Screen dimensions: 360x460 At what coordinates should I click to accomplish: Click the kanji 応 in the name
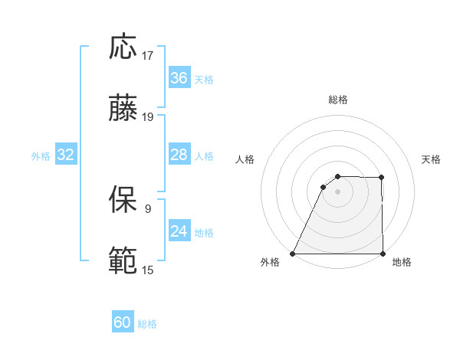[124, 47]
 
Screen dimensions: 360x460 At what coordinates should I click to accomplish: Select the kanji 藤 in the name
[124, 109]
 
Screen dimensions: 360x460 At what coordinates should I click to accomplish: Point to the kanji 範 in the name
[124, 261]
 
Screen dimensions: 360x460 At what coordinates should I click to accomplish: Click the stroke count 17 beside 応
[148, 56]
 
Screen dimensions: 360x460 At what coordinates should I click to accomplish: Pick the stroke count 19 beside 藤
[148, 117]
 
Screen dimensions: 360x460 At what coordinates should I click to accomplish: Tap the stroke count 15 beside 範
[148, 270]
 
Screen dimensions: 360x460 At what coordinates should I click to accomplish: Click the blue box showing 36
[179, 78]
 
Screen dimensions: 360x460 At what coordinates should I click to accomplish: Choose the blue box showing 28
[179, 155]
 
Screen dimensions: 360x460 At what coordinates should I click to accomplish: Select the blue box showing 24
[179, 231]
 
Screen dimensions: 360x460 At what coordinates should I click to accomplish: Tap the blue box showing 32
[66, 155]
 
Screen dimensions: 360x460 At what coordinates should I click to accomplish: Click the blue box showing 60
[123, 322]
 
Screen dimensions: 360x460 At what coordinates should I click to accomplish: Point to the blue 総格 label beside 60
[147, 324]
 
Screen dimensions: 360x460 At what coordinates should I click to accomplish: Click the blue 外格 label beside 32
[41, 156]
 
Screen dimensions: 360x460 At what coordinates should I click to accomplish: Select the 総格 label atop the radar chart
[338, 100]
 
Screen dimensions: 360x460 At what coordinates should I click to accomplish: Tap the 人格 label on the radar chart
[245, 159]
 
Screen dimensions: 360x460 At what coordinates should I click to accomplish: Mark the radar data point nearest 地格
[382, 254]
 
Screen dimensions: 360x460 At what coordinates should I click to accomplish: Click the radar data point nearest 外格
[293, 254]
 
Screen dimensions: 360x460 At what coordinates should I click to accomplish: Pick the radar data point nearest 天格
[381, 178]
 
